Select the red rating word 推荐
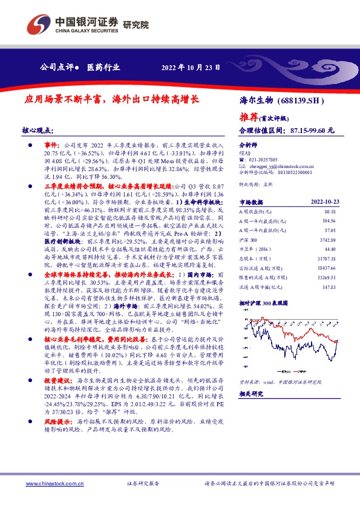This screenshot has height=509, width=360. pyautogui.click(x=249, y=117)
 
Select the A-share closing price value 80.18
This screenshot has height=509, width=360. pyautogui.click(x=330, y=212)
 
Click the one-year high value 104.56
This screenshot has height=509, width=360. pyautogui.click(x=329, y=222)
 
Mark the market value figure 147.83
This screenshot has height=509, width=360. pyautogui.click(x=329, y=287)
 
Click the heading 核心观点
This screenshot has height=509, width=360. pyautogui.click(x=38, y=130)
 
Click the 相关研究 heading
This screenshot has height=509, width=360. pyautogui.click(x=252, y=394)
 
